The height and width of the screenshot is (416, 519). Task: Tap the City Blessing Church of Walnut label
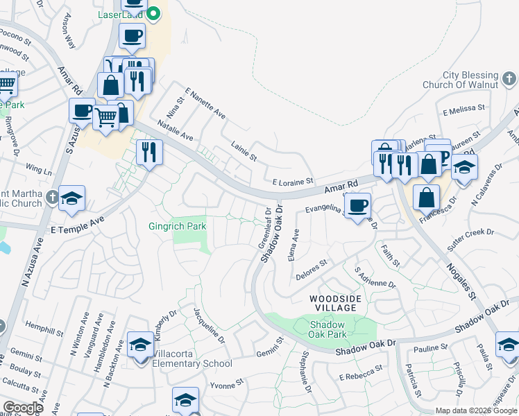[x=470, y=80]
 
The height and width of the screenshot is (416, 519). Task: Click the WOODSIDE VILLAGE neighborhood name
[x=336, y=303]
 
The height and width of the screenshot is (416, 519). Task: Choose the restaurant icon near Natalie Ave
[x=149, y=151]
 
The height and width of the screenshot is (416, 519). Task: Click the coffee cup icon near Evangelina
[x=357, y=205]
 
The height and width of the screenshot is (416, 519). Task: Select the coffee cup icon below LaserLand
[x=132, y=36]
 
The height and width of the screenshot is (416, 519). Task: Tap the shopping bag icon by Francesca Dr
[x=426, y=197]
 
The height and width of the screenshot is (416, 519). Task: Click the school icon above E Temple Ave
[x=71, y=199]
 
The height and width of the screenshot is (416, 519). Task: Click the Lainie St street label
[x=244, y=153]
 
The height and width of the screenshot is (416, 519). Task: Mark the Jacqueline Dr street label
[x=209, y=325]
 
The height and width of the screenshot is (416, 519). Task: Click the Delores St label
[x=312, y=265]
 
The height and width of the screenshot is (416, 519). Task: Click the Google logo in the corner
[x=24, y=408]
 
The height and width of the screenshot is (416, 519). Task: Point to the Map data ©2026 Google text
[x=476, y=410]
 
